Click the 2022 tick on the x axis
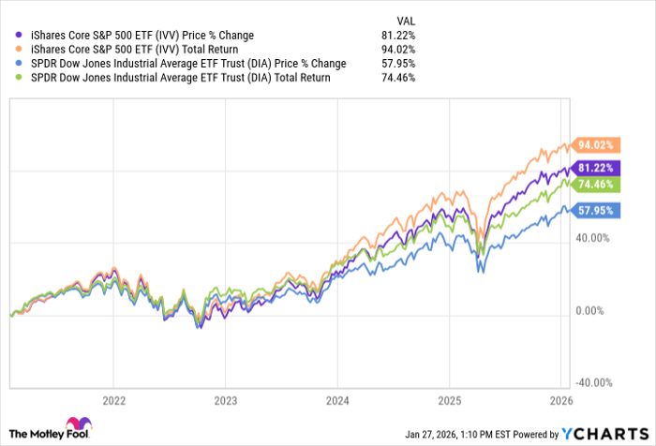pyautogui.click(x=112, y=396)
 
